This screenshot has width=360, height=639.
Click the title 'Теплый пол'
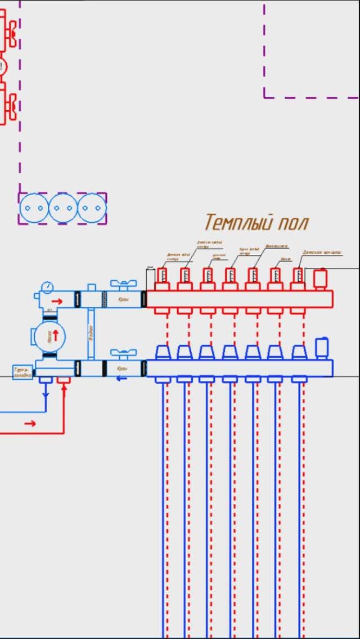(x=256, y=222)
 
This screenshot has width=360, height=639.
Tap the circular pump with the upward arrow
(x=49, y=337)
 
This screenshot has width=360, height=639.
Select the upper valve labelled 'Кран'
(x=123, y=299)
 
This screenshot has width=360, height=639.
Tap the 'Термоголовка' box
(x=22, y=372)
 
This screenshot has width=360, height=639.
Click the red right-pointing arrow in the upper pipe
(x=57, y=300)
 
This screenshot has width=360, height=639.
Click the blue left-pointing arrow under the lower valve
(x=121, y=378)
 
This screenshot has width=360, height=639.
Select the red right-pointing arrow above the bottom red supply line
(x=30, y=423)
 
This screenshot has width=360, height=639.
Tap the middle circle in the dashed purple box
(x=62, y=208)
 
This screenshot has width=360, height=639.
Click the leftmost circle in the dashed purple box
(x=34, y=208)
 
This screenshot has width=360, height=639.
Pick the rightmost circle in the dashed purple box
(x=92, y=208)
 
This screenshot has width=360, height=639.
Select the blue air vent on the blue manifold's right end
(x=322, y=348)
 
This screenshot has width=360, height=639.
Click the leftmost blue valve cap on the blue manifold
(x=163, y=352)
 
